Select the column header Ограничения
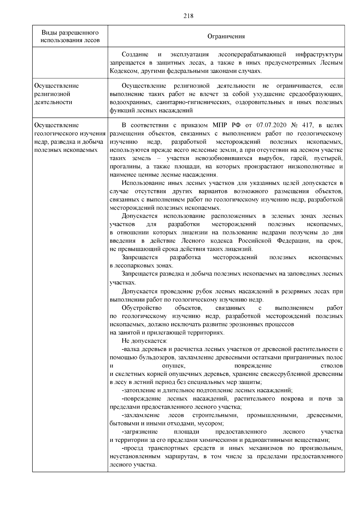click(226, 37)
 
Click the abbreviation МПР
click(220, 125)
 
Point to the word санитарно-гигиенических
click(189, 102)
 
